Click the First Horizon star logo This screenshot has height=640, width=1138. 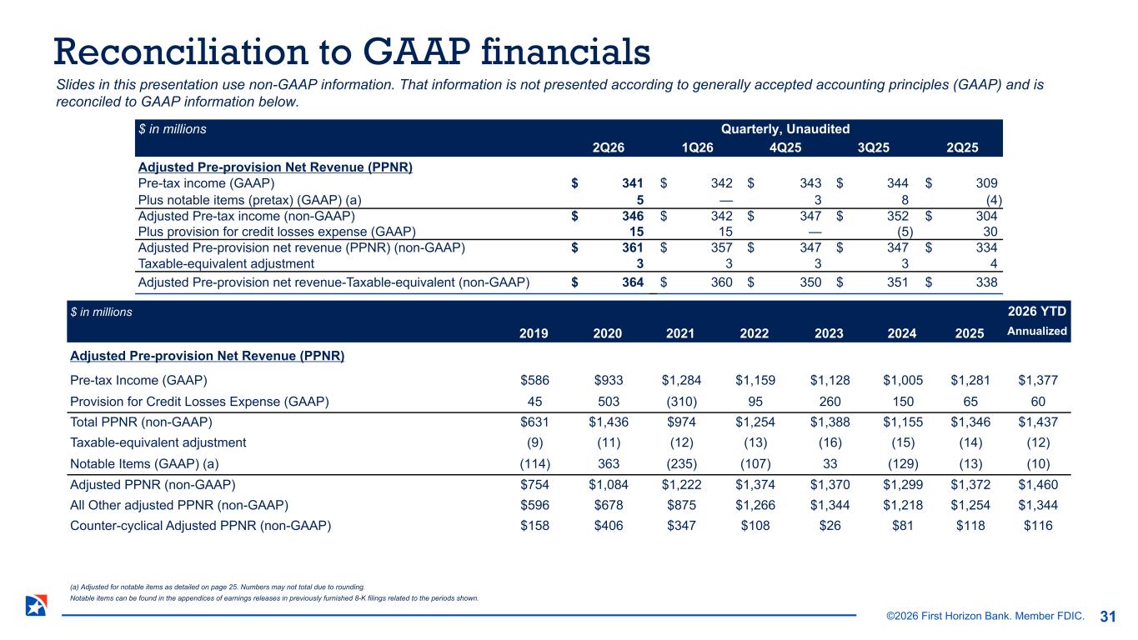click(36, 605)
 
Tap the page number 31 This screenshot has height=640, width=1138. click(1107, 616)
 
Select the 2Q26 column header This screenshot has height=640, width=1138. click(608, 147)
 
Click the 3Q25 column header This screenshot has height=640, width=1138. click(874, 147)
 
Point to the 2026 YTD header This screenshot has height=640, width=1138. click(1037, 311)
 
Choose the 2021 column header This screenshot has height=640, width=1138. click(679, 333)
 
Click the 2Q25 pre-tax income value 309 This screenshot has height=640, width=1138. click(986, 182)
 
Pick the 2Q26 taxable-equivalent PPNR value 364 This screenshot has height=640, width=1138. click(633, 282)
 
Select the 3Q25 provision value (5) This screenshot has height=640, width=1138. click(905, 232)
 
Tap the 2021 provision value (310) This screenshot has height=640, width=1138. click(681, 402)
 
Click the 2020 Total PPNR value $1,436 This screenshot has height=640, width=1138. click(608, 422)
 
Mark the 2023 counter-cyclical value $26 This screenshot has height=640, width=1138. click(830, 525)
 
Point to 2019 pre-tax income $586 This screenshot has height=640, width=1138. click(534, 380)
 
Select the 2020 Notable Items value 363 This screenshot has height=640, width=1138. click(608, 463)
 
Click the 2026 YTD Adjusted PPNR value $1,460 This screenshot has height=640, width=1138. click(1038, 484)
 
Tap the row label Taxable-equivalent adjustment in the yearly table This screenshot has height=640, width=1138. click(158, 442)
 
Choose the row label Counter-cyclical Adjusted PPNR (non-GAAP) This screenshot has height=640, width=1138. click(201, 525)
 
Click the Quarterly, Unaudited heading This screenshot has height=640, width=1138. click(785, 129)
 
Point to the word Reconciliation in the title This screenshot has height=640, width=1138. click(181, 52)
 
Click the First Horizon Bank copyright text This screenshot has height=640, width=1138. click(985, 616)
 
